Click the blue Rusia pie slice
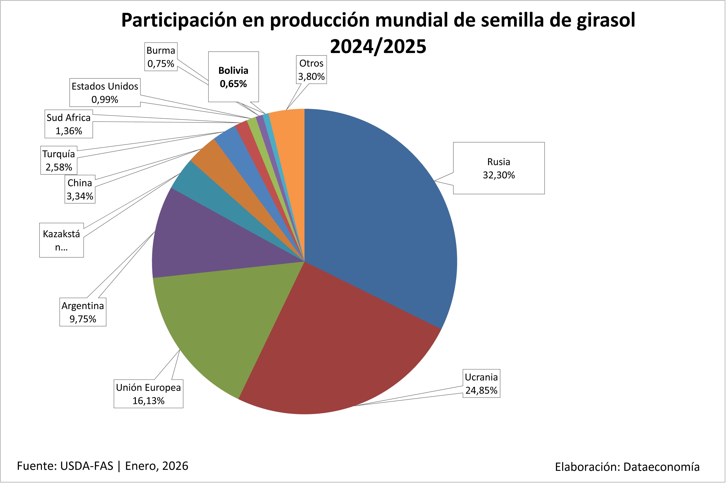379,216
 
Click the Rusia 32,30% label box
499,168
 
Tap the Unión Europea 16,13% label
148,394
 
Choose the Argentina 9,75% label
83,312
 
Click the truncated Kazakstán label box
61,240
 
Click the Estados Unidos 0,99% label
105,93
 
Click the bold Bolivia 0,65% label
233,77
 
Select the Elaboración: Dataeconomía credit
627,467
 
